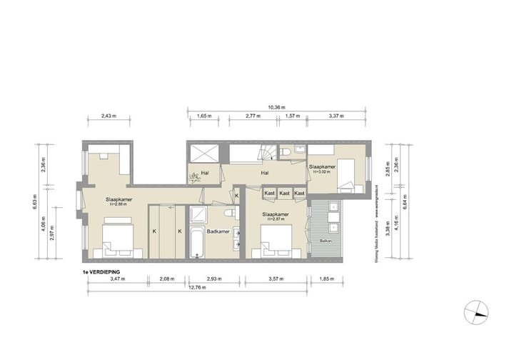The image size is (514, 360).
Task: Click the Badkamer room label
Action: point(218,231)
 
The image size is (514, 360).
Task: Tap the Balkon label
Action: point(325,241)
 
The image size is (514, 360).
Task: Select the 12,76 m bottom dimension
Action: point(198,287)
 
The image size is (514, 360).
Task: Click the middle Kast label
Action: point(284,193)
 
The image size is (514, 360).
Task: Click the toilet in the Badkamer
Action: point(229,214)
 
